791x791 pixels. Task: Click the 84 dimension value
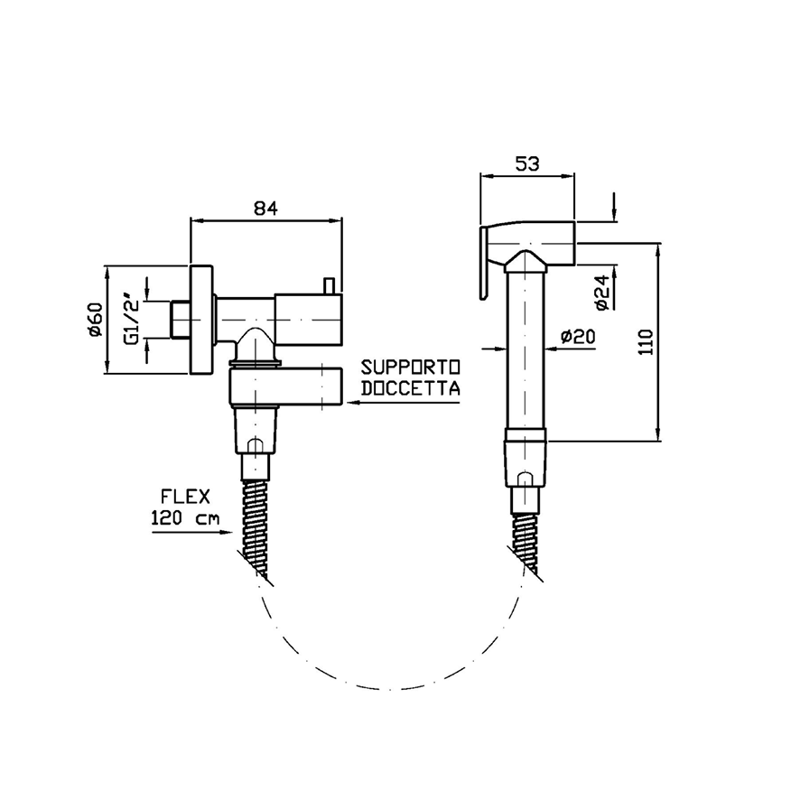click(x=265, y=208)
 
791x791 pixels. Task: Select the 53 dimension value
click(x=527, y=163)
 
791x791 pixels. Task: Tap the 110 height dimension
click(x=646, y=341)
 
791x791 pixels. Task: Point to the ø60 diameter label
click(x=95, y=320)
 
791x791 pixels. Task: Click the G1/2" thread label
click(x=132, y=321)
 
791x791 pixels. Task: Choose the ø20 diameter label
click(x=578, y=336)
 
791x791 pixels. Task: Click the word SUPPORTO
click(x=410, y=367)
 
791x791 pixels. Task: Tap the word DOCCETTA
click(x=410, y=388)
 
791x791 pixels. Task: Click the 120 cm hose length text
click(x=185, y=517)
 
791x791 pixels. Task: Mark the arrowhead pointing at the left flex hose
click(x=226, y=532)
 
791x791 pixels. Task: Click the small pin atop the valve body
click(x=330, y=285)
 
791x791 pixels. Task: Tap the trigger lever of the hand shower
click(x=484, y=264)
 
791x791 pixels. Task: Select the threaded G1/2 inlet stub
click(x=180, y=320)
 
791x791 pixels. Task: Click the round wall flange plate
click(x=201, y=320)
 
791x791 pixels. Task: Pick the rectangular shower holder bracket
click(x=286, y=386)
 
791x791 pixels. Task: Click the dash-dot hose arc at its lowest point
click(x=388, y=689)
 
